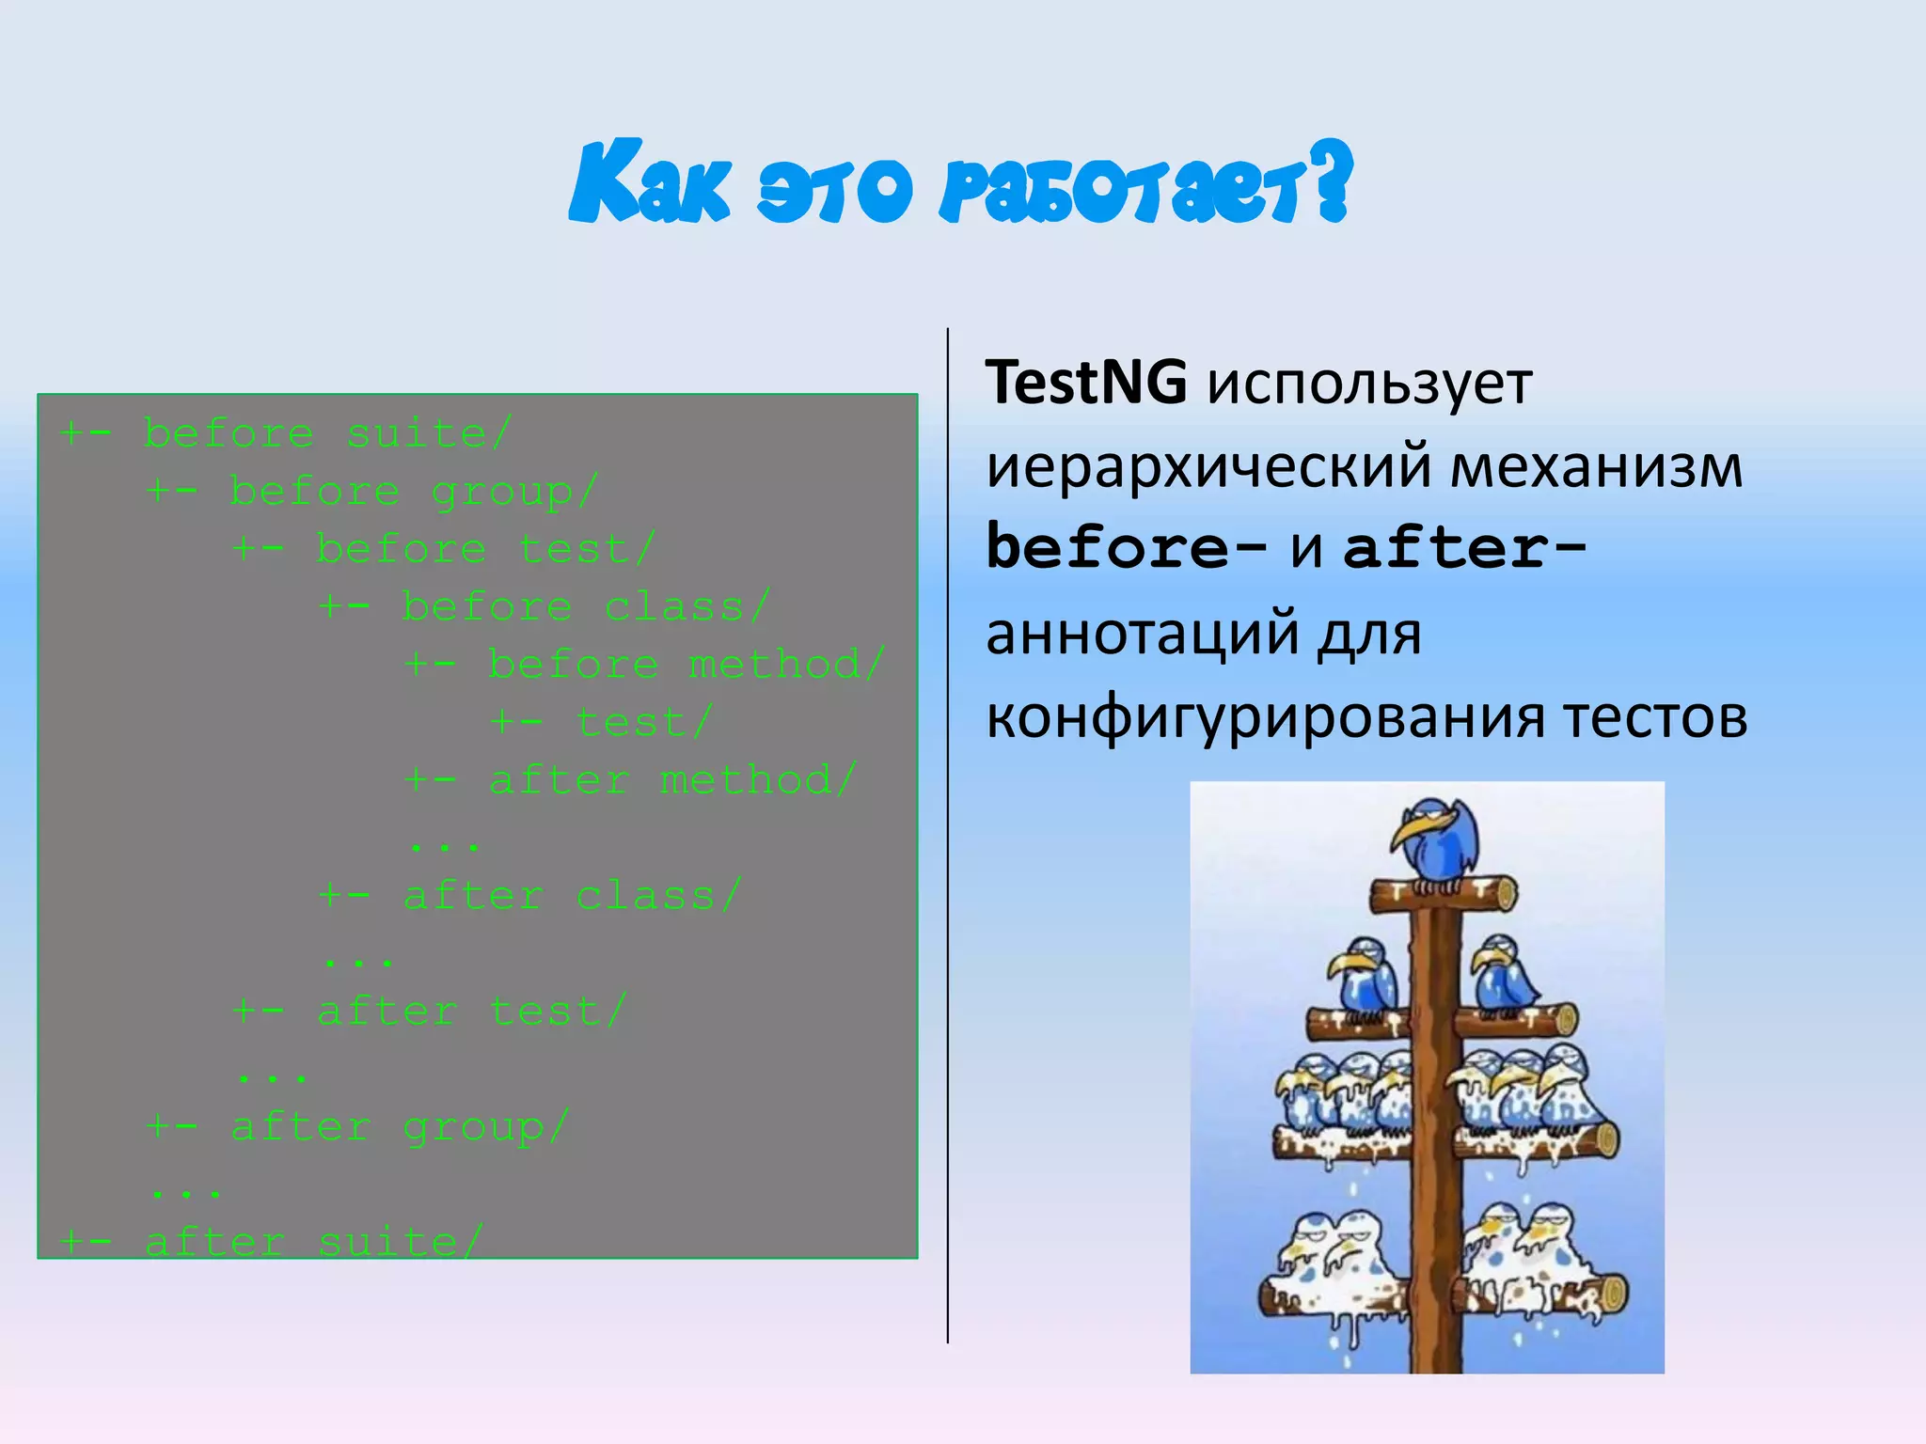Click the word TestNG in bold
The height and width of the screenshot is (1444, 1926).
[x=1086, y=384]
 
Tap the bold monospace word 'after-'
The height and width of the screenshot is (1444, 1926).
[x=1465, y=548]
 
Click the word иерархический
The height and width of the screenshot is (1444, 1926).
[x=1208, y=467]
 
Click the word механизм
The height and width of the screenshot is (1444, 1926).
[x=1596, y=467]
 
